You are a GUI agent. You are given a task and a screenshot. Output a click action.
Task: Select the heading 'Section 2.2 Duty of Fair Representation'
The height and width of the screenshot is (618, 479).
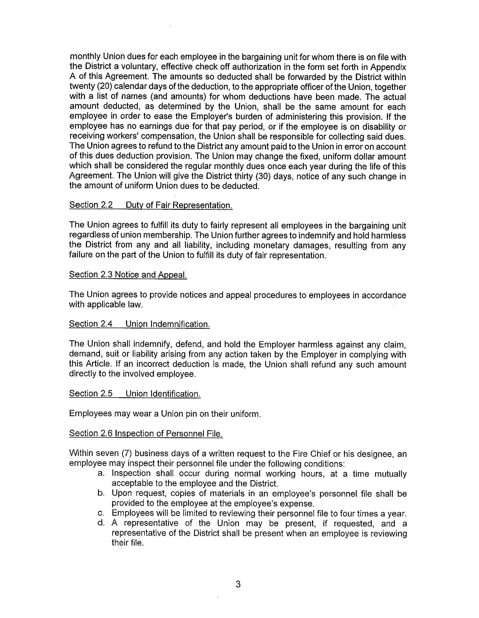pyautogui.click(x=151, y=205)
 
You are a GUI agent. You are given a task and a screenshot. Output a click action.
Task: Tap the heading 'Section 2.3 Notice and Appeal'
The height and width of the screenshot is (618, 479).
pyautogui.click(x=128, y=275)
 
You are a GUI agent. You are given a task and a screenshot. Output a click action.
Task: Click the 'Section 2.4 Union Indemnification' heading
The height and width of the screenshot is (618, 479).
pyautogui.click(x=139, y=324)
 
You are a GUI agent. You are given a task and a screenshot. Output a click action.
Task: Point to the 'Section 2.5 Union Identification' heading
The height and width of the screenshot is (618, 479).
pyautogui.click(x=135, y=393)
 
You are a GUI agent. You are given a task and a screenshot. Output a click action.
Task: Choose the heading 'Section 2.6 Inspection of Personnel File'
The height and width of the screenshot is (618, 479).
pyautogui.click(x=146, y=433)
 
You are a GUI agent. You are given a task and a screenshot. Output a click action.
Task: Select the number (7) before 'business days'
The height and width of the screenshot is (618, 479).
pyautogui.click(x=126, y=453)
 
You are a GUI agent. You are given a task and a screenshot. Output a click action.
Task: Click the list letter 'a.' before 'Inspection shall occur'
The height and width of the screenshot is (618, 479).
pyautogui.click(x=101, y=473)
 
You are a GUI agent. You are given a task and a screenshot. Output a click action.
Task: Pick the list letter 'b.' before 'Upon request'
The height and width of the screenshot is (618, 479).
pyautogui.click(x=101, y=493)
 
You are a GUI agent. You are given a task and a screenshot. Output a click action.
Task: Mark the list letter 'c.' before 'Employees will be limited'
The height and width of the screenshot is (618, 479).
pyautogui.click(x=101, y=513)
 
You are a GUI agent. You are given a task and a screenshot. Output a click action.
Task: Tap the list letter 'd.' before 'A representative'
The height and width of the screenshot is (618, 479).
pyautogui.click(x=101, y=523)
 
